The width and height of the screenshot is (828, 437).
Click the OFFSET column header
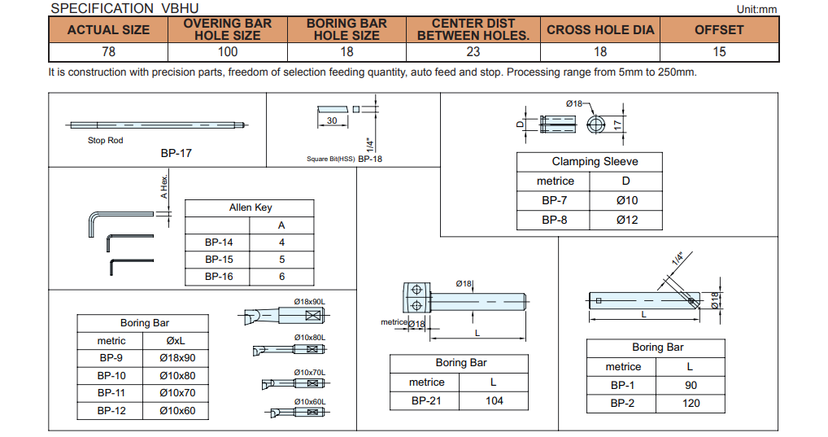point(718,29)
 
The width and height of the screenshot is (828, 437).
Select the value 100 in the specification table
point(227,52)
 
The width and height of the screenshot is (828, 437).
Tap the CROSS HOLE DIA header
point(599,29)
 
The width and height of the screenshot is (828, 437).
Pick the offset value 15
point(718,52)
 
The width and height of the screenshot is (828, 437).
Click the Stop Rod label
point(105,141)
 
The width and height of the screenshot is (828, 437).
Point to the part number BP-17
point(176,152)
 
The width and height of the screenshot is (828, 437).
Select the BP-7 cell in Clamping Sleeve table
point(555,200)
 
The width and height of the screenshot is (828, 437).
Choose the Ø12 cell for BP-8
point(627,220)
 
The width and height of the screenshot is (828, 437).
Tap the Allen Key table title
point(250,208)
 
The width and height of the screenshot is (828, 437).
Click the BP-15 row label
point(218,260)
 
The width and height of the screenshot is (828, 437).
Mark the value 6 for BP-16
point(281,277)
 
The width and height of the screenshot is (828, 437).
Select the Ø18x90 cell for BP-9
point(178,357)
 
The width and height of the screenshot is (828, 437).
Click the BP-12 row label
point(111,411)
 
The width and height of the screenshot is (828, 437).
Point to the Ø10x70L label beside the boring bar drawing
point(309,372)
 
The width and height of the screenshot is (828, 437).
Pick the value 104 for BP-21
point(494,400)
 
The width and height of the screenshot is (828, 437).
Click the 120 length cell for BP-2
point(690,403)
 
